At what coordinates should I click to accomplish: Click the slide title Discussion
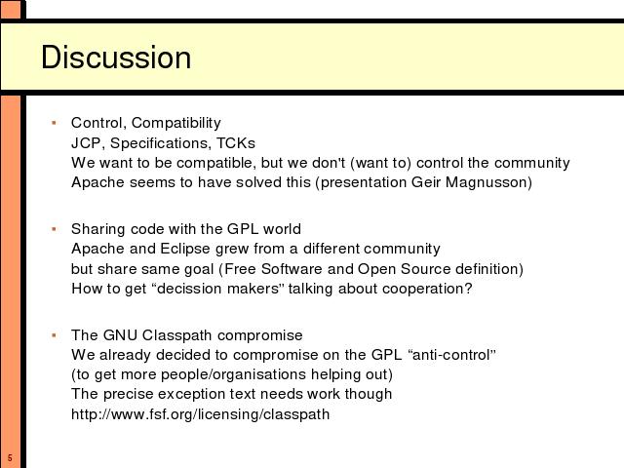click(x=116, y=58)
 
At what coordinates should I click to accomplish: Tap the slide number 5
click(x=10, y=457)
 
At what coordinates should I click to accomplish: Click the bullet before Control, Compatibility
click(x=55, y=123)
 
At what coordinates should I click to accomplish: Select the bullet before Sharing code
click(x=55, y=229)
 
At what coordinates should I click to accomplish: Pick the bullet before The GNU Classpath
click(x=55, y=335)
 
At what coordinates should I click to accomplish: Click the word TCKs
click(x=236, y=143)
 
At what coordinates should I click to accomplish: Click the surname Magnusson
click(x=488, y=182)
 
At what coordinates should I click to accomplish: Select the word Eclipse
click(x=185, y=249)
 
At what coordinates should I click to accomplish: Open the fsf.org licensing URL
click(x=201, y=413)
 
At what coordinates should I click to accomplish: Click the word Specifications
click(x=160, y=143)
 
